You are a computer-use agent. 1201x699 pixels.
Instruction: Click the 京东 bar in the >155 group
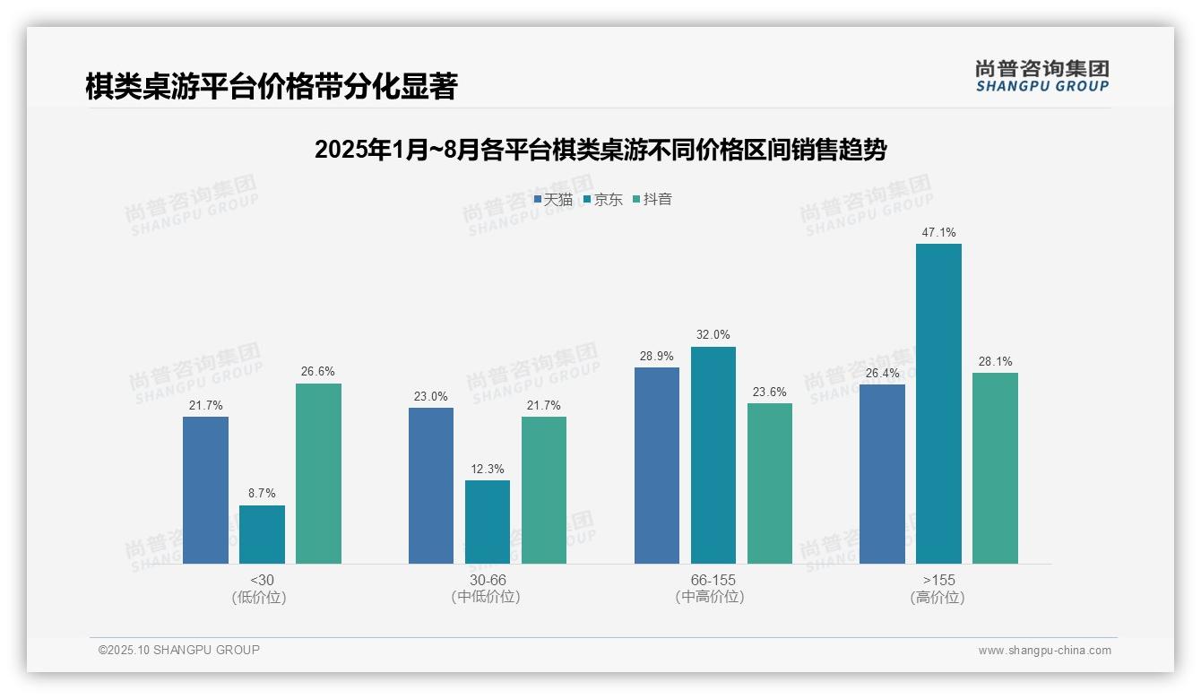tap(938, 403)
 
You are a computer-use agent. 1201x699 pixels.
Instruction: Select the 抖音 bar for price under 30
tap(318, 473)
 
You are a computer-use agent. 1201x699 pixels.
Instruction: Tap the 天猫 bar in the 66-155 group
tap(656, 465)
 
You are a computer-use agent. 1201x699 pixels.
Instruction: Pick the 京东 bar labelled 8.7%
tap(262, 534)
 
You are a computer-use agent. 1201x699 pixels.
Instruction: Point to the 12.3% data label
tap(487, 469)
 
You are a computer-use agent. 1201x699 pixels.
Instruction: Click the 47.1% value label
tap(938, 233)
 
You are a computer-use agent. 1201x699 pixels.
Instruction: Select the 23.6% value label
tap(769, 392)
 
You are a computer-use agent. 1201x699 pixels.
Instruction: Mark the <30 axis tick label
tap(262, 580)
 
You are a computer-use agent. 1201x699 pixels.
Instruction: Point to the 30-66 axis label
tap(487, 580)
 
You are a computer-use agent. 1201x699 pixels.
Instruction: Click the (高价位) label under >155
tap(937, 598)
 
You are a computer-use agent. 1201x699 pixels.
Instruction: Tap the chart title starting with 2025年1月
tap(600, 150)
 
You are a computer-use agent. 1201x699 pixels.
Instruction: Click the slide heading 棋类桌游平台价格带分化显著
tap(272, 87)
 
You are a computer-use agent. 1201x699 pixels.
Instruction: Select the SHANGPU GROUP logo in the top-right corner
tap(1041, 75)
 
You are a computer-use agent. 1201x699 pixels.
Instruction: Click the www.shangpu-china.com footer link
tap(1044, 651)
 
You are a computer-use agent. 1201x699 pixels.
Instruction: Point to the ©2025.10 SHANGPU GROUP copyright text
tap(178, 650)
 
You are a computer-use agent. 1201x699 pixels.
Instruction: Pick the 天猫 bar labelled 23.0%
tap(431, 486)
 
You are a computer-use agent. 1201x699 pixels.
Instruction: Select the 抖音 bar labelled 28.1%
tap(995, 468)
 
